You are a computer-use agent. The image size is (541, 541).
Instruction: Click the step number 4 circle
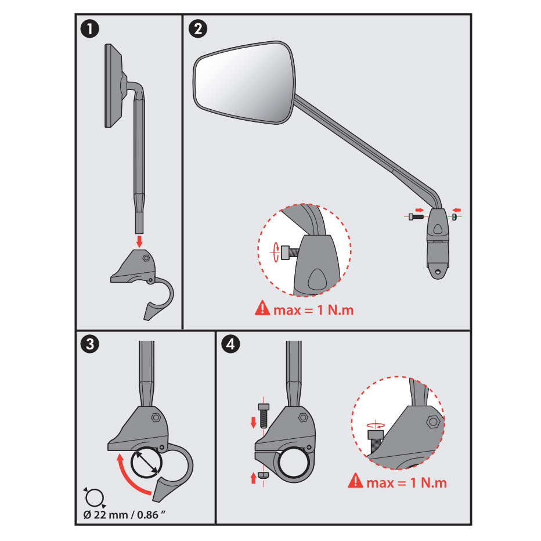click(x=230, y=345)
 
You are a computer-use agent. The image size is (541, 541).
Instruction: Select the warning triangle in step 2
click(x=262, y=309)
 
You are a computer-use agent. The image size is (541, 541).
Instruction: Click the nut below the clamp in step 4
click(x=265, y=475)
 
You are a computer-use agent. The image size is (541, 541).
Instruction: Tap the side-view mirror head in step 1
click(x=113, y=85)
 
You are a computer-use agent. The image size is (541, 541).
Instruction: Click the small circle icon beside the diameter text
click(x=94, y=496)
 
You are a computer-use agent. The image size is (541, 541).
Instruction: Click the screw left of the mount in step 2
click(x=416, y=217)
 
